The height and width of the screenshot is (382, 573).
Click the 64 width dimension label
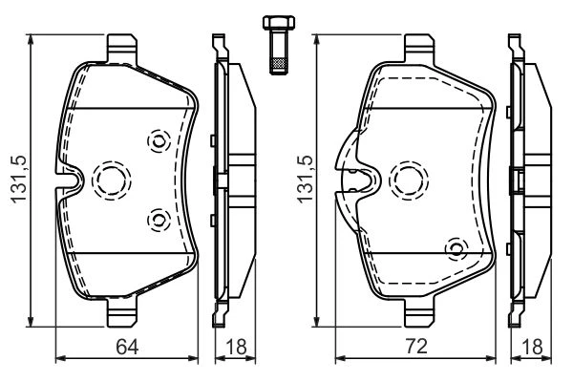[127, 347]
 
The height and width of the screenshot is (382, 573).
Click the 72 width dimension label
[416, 346]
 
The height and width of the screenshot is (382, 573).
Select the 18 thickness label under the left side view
[236, 347]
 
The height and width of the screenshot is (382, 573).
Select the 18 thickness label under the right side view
[532, 347]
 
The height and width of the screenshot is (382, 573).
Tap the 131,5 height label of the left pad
[19, 180]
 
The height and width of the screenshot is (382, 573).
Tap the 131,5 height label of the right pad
[306, 180]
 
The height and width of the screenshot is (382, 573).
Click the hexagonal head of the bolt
[279, 23]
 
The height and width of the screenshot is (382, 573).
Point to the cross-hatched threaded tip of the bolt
[279, 65]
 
